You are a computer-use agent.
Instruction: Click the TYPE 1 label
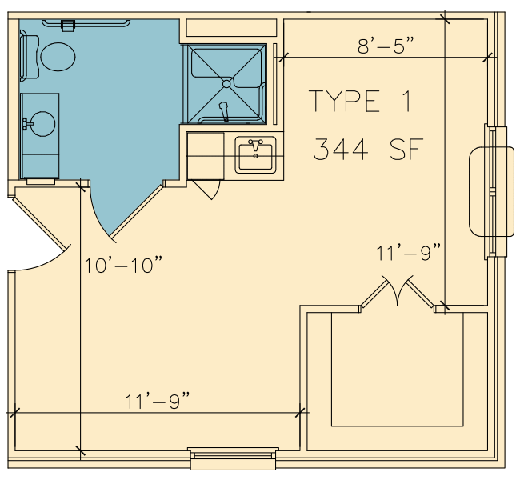[361, 101]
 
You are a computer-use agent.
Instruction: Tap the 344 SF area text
[369, 150]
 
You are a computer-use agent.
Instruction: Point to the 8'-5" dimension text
[386, 46]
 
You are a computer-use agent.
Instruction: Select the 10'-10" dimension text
[123, 265]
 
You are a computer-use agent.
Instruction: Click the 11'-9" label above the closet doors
[408, 253]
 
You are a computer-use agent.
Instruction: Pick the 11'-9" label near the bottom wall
[158, 401]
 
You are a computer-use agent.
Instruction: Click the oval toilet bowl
[58, 57]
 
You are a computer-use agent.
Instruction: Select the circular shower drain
[226, 84]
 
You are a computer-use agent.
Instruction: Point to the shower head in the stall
[224, 111]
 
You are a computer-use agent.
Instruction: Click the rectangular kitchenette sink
[255, 155]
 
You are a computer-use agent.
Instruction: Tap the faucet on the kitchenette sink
[255, 144]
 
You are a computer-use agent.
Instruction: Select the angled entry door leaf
[40, 223]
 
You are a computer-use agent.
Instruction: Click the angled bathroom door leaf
[136, 212]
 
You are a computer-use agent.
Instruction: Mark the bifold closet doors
[398, 292]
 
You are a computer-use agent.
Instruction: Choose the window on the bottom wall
[233, 458]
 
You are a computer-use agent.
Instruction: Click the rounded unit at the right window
[491, 192]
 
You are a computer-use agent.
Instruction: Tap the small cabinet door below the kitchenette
[206, 190]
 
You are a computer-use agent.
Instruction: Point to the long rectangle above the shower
[231, 28]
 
